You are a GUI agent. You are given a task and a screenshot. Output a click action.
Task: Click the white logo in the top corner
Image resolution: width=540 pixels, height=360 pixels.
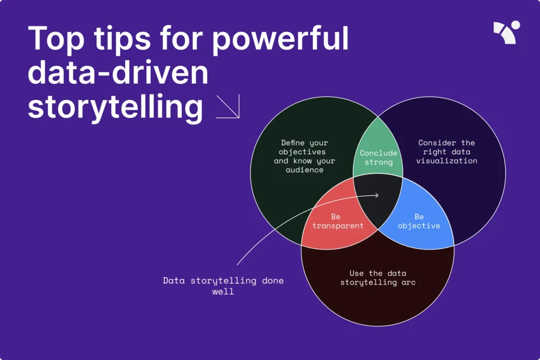507,32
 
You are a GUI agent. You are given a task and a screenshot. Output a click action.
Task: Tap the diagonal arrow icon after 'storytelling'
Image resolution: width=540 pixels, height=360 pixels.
228,106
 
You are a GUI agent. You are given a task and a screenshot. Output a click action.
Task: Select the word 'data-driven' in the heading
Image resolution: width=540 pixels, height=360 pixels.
118,73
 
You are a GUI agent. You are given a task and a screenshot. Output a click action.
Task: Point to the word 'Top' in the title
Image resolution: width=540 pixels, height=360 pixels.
56,39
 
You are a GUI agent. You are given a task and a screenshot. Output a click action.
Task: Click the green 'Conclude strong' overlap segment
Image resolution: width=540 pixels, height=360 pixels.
378,151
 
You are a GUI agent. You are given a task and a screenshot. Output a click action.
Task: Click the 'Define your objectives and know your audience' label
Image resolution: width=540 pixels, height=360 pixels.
304,156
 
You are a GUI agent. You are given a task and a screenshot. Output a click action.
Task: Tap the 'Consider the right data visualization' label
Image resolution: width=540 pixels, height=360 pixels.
447,152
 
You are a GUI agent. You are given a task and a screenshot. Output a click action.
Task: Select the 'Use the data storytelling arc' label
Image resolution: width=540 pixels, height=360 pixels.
378,278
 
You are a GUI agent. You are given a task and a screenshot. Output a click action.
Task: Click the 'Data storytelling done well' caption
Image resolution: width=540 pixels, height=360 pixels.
223,286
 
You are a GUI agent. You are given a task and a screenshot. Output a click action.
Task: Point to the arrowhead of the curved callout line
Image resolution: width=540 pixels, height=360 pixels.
378,196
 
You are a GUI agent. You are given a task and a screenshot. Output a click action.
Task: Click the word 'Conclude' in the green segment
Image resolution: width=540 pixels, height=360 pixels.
379,153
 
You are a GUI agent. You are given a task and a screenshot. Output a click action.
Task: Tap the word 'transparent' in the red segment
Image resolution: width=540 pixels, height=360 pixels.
338,226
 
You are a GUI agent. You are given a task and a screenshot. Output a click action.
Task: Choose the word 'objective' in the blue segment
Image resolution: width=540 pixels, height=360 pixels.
419,226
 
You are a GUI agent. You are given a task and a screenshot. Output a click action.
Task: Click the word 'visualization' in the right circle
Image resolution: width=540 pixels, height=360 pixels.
447,161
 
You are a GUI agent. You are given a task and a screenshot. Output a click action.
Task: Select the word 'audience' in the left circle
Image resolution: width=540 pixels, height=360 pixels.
304,170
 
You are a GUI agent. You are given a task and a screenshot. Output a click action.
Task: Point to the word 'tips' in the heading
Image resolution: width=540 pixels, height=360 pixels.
122,39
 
